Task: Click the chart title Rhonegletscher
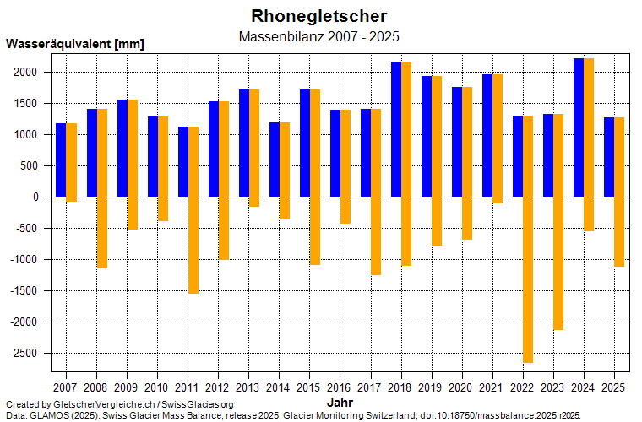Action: pyautogui.click(x=319, y=16)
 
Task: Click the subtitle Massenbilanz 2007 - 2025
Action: pyautogui.click(x=319, y=36)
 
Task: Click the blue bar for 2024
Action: pyautogui.click(x=579, y=127)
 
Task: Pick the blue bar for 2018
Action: pyautogui.click(x=395, y=129)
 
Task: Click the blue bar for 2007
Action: pyautogui.click(x=61, y=160)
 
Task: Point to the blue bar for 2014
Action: pyautogui.click(x=274, y=160)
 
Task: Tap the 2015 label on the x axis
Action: pyautogui.click(x=309, y=387)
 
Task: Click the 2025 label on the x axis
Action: pyautogui.click(x=613, y=387)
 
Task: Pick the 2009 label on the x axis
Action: pyautogui.click(x=127, y=387)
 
